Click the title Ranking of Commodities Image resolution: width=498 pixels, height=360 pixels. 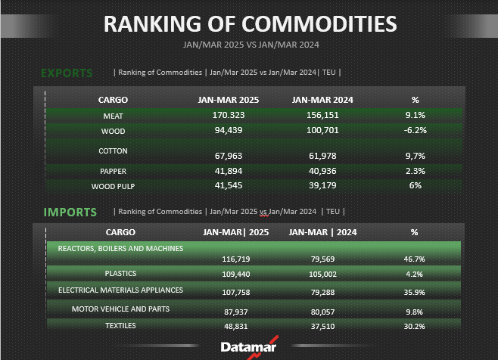click(250, 23)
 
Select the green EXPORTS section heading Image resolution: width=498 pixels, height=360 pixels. click(67, 73)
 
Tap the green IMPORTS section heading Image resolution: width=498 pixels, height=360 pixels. click(70, 212)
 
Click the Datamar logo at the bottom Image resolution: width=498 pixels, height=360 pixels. click(249, 347)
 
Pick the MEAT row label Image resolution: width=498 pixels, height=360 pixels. click(113, 116)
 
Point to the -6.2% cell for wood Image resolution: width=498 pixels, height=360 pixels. click(415, 130)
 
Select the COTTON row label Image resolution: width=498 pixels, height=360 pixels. click(113, 151)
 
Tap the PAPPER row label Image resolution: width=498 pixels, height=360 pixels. click(113, 172)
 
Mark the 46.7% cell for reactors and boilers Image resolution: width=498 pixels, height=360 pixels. click(414, 259)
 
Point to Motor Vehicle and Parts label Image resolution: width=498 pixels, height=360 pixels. click(121, 309)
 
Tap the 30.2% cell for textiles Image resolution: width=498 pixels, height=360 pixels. click(414, 326)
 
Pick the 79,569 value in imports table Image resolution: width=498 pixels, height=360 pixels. click(322, 259)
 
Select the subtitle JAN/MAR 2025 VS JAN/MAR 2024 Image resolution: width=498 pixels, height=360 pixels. click(249, 45)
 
